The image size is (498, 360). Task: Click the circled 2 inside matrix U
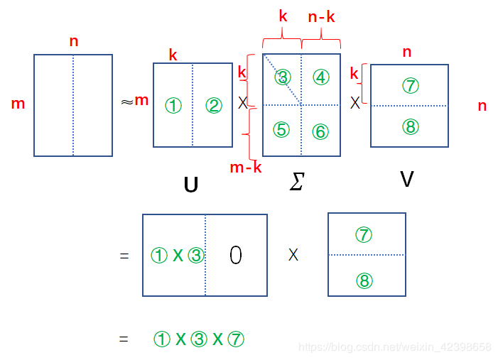coord(214,106)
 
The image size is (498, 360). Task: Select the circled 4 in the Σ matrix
coord(321,77)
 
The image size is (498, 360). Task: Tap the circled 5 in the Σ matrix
coord(282,130)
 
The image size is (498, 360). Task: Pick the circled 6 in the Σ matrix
coord(320,131)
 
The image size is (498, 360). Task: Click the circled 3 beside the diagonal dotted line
coord(283,77)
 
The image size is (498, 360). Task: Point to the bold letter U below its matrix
coord(190,185)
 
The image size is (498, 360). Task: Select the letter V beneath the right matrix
coord(406,180)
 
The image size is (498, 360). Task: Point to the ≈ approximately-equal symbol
coord(126,102)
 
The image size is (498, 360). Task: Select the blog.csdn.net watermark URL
coord(394,347)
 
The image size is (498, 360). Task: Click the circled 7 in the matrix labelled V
coord(410,86)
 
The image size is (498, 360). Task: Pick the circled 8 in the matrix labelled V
coord(410,126)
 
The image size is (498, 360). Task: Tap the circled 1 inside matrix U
coord(173,106)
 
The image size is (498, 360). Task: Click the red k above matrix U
coord(173,55)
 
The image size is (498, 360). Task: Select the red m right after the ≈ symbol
coord(141,100)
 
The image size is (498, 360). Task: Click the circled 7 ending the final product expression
coord(236,339)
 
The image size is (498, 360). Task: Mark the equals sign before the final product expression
coord(124,339)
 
